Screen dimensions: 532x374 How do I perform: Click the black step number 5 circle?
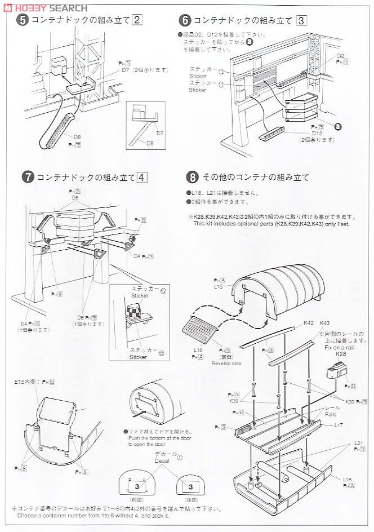pos(22,20)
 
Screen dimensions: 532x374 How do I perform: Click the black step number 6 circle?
pos(185,21)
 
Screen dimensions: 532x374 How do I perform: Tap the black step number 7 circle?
pos(27,176)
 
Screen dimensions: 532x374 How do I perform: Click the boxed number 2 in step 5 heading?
pos(136,20)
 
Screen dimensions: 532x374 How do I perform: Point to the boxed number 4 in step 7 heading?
pos(142,176)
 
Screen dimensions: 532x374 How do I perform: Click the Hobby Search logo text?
pos(45,7)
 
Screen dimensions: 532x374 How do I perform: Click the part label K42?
pos(308,323)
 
